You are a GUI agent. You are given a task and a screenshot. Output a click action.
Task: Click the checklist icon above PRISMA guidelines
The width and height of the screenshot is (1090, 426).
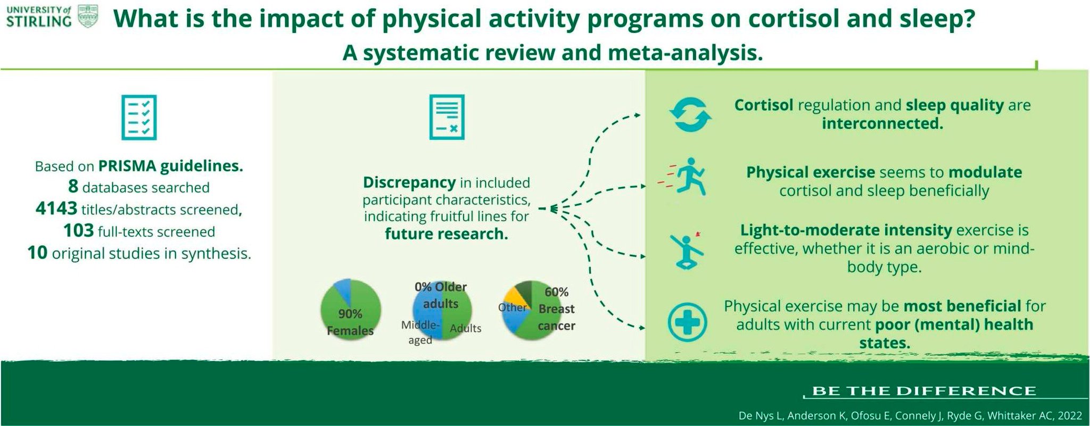(x=139, y=118)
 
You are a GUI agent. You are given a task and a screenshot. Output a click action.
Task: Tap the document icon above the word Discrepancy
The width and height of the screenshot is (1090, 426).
(x=447, y=117)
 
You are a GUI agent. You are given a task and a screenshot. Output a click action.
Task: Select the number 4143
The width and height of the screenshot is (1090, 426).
(x=56, y=208)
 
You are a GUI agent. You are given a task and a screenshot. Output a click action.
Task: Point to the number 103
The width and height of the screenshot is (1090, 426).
(x=78, y=231)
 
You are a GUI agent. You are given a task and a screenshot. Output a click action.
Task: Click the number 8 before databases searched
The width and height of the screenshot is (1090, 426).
(x=73, y=187)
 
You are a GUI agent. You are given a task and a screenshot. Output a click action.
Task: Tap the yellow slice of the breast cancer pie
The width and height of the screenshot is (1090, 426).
(x=515, y=297)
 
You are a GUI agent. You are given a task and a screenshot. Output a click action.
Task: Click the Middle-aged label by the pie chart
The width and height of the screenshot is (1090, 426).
(x=420, y=332)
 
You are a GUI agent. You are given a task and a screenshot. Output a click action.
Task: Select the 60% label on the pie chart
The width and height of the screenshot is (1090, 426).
(x=556, y=291)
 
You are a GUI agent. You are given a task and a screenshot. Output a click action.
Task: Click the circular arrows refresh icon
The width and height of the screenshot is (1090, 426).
(x=690, y=115)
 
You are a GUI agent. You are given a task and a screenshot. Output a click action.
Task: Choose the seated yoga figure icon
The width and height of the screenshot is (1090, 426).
(x=688, y=252)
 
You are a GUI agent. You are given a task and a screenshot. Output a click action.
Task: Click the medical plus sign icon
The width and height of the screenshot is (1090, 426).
(x=687, y=322)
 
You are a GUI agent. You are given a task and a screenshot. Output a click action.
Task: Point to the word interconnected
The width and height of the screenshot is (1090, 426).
(x=882, y=123)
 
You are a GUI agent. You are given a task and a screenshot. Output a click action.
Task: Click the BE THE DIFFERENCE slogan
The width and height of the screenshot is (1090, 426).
(x=924, y=391)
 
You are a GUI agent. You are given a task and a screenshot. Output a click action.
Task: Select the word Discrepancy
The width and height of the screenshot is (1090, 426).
(x=409, y=182)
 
